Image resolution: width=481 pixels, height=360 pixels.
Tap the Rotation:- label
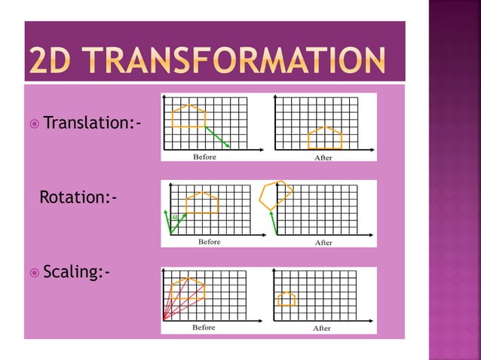coord(78,197)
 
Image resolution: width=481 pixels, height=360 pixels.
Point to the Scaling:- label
coord(76,271)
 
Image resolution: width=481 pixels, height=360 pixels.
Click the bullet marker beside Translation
coord(34,122)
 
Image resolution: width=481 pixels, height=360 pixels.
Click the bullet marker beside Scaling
coord(34,271)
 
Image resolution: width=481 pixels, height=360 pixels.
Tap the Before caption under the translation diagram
coord(204,157)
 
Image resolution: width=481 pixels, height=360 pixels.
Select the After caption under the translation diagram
coord(323,157)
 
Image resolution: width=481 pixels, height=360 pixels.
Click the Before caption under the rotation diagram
coord(209,242)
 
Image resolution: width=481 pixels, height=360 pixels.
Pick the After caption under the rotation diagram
coord(323,243)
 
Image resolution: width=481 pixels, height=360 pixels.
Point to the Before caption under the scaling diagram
coord(204,328)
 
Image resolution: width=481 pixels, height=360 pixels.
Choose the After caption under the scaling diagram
coord(322,328)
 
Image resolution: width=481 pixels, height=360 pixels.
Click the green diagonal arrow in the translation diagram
coord(217,136)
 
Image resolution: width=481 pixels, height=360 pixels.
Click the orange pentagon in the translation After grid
coord(325,138)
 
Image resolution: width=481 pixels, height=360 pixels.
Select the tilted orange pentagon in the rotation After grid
coord(275,195)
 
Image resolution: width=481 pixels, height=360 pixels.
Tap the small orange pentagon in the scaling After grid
coord(286,298)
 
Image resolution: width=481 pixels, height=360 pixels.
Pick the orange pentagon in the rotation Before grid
coord(203,203)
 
